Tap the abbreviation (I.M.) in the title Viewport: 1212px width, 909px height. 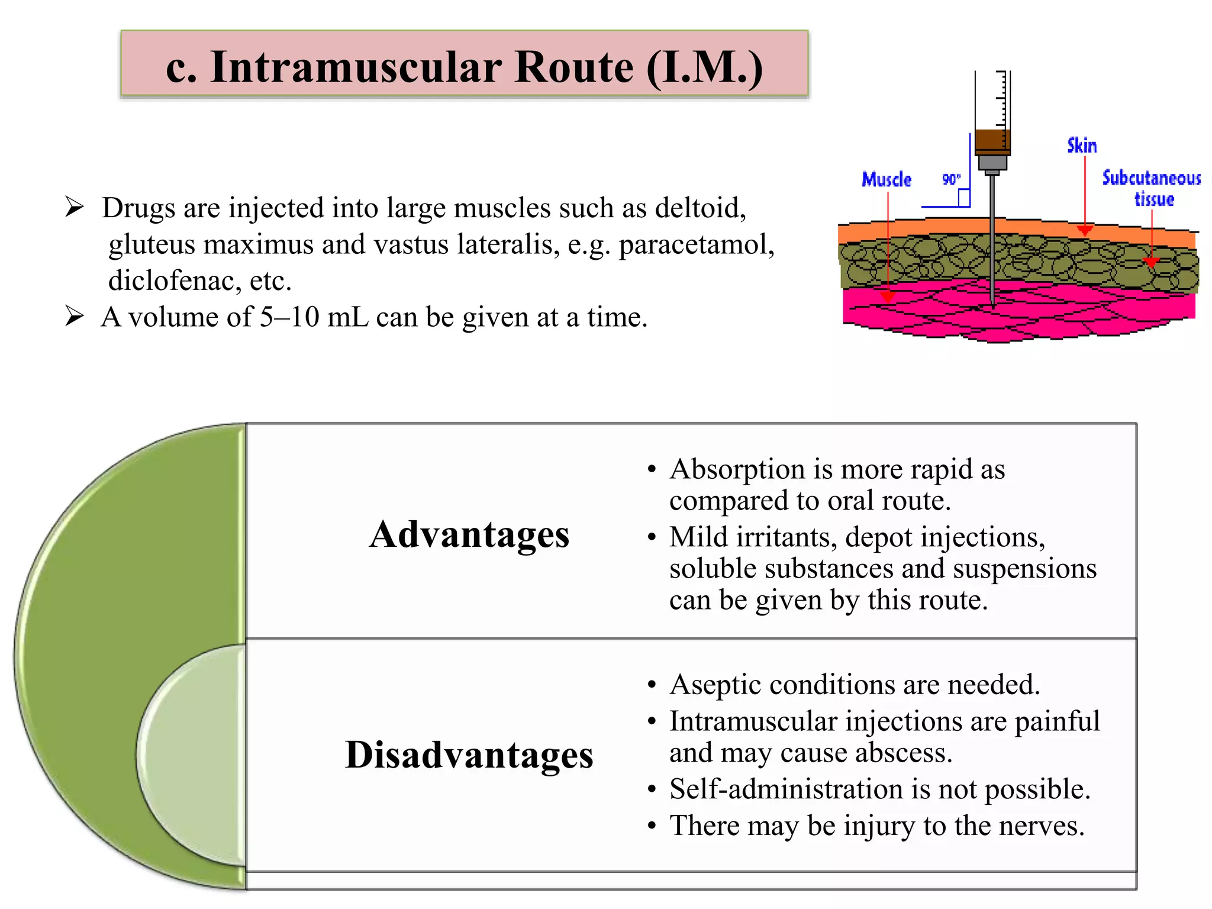click(x=704, y=66)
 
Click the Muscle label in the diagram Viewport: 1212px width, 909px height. click(x=886, y=179)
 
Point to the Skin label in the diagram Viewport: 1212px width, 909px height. click(x=1082, y=146)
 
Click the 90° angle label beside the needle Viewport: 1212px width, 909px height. click(x=951, y=179)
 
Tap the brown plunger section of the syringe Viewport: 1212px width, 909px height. click(x=992, y=141)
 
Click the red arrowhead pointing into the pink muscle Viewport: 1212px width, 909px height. click(x=887, y=296)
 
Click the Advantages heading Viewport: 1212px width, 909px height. click(x=469, y=534)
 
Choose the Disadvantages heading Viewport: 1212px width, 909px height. click(x=469, y=755)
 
